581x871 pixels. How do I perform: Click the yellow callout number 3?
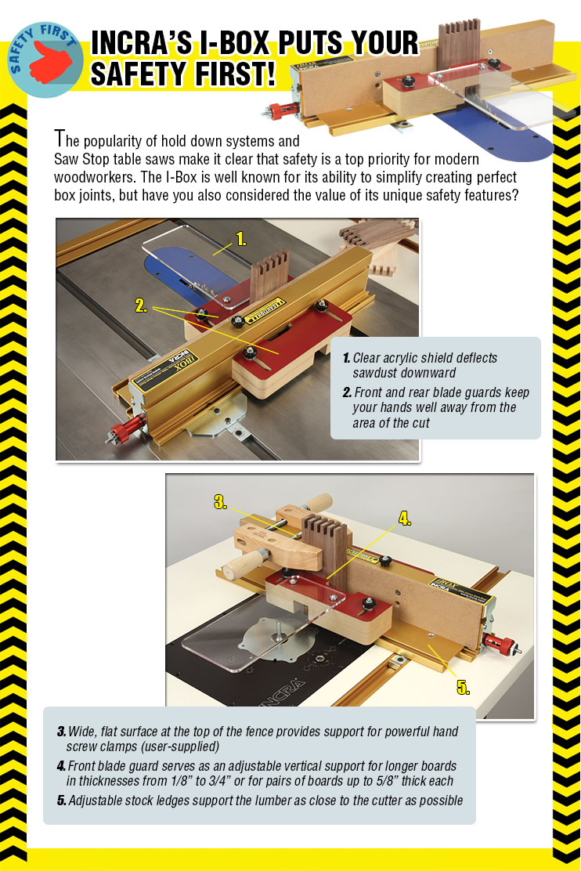[x=220, y=503]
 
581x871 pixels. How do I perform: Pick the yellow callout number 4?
[x=405, y=518]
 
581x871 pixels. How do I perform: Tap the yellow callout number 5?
[x=463, y=688]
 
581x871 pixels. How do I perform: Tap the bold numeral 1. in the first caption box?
[x=346, y=358]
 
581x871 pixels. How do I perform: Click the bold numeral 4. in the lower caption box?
[x=61, y=765]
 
